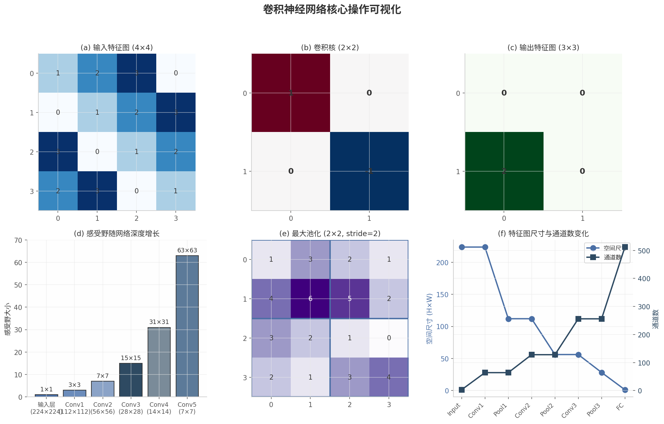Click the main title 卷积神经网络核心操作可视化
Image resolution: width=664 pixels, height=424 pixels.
click(332, 10)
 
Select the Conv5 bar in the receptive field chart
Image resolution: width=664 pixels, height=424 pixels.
click(187, 326)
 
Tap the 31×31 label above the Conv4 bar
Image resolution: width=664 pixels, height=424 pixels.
click(159, 322)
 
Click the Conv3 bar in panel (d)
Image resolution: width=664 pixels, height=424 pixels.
click(131, 380)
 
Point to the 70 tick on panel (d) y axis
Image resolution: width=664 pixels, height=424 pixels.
click(18, 240)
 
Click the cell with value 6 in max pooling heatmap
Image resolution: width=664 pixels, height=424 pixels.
click(310, 299)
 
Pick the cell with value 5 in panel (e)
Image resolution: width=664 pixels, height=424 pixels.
click(350, 299)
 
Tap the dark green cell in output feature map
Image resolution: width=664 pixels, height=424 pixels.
click(504, 171)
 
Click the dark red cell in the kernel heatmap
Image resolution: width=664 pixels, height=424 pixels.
click(291, 93)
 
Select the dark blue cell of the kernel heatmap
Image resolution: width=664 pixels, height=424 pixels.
click(369, 171)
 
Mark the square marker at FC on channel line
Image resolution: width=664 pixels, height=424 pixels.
click(625, 247)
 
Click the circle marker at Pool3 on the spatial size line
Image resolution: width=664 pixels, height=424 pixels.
click(602, 373)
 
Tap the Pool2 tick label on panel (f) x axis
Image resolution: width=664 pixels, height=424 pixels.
click(547, 410)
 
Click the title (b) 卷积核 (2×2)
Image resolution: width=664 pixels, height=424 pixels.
click(330, 48)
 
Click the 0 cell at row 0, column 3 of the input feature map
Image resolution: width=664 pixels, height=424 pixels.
click(176, 73)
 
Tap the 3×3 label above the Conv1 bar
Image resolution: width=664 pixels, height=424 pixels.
click(74, 385)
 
